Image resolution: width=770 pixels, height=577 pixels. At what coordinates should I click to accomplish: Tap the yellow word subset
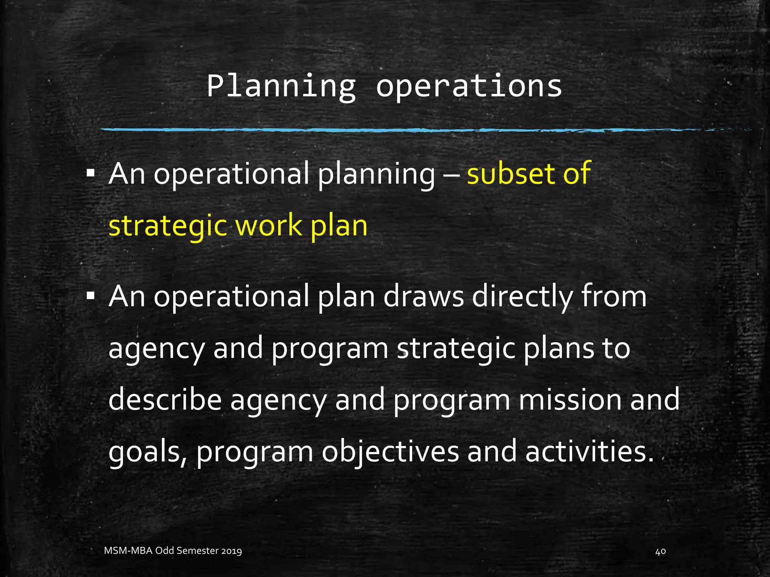(511, 174)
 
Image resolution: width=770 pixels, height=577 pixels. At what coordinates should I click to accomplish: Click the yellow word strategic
(168, 226)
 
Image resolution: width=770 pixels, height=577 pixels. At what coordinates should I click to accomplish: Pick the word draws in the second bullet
(424, 296)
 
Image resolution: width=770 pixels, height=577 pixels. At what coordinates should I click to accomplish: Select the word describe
(165, 400)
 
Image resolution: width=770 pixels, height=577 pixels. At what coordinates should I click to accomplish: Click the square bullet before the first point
(90, 174)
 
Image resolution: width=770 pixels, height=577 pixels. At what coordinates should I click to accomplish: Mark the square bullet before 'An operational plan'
(90, 296)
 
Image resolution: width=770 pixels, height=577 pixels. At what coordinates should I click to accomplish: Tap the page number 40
(661, 551)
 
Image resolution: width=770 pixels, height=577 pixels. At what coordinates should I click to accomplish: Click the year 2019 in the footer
(231, 551)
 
